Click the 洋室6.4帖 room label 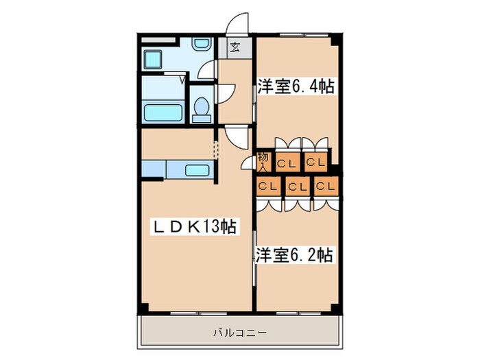(x=296, y=87)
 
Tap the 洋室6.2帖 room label (x=295, y=255)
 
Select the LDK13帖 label (x=193, y=227)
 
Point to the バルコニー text (x=239, y=333)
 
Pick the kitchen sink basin (x=198, y=169)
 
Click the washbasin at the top (x=201, y=45)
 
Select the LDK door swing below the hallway (x=233, y=136)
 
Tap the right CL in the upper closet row (x=315, y=163)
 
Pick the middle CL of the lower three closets (x=297, y=186)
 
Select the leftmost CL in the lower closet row (x=267, y=186)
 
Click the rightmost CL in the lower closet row (x=326, y=186)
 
